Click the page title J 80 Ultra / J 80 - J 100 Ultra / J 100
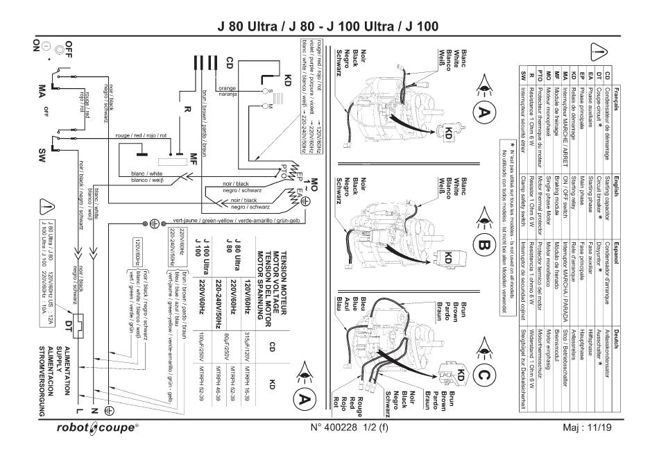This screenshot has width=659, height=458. (329, 26)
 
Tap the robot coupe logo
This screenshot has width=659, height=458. (96, 428)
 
